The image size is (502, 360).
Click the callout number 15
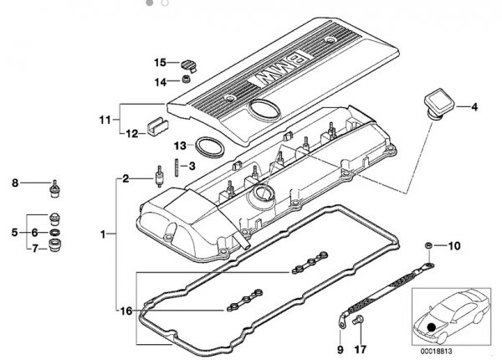pos(160,62)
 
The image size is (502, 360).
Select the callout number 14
pos(160,80)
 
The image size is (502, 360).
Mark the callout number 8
pos(14,182)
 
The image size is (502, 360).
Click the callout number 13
pos(181,146)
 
